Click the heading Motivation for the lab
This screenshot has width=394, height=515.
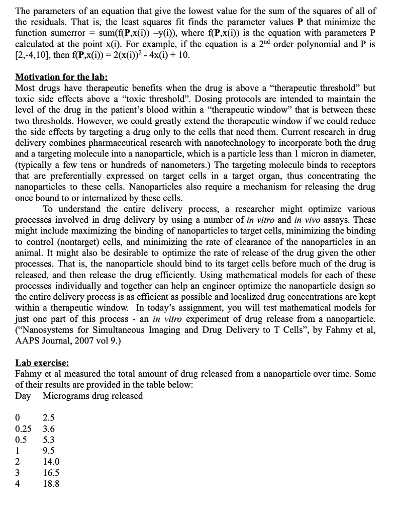click(62, 77)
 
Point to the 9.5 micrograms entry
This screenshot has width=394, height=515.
click(49, 451)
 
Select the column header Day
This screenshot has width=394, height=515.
click(23, 395)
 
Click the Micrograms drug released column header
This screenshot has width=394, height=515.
click(92, 395)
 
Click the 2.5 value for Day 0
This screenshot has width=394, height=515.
click(49, 417)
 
